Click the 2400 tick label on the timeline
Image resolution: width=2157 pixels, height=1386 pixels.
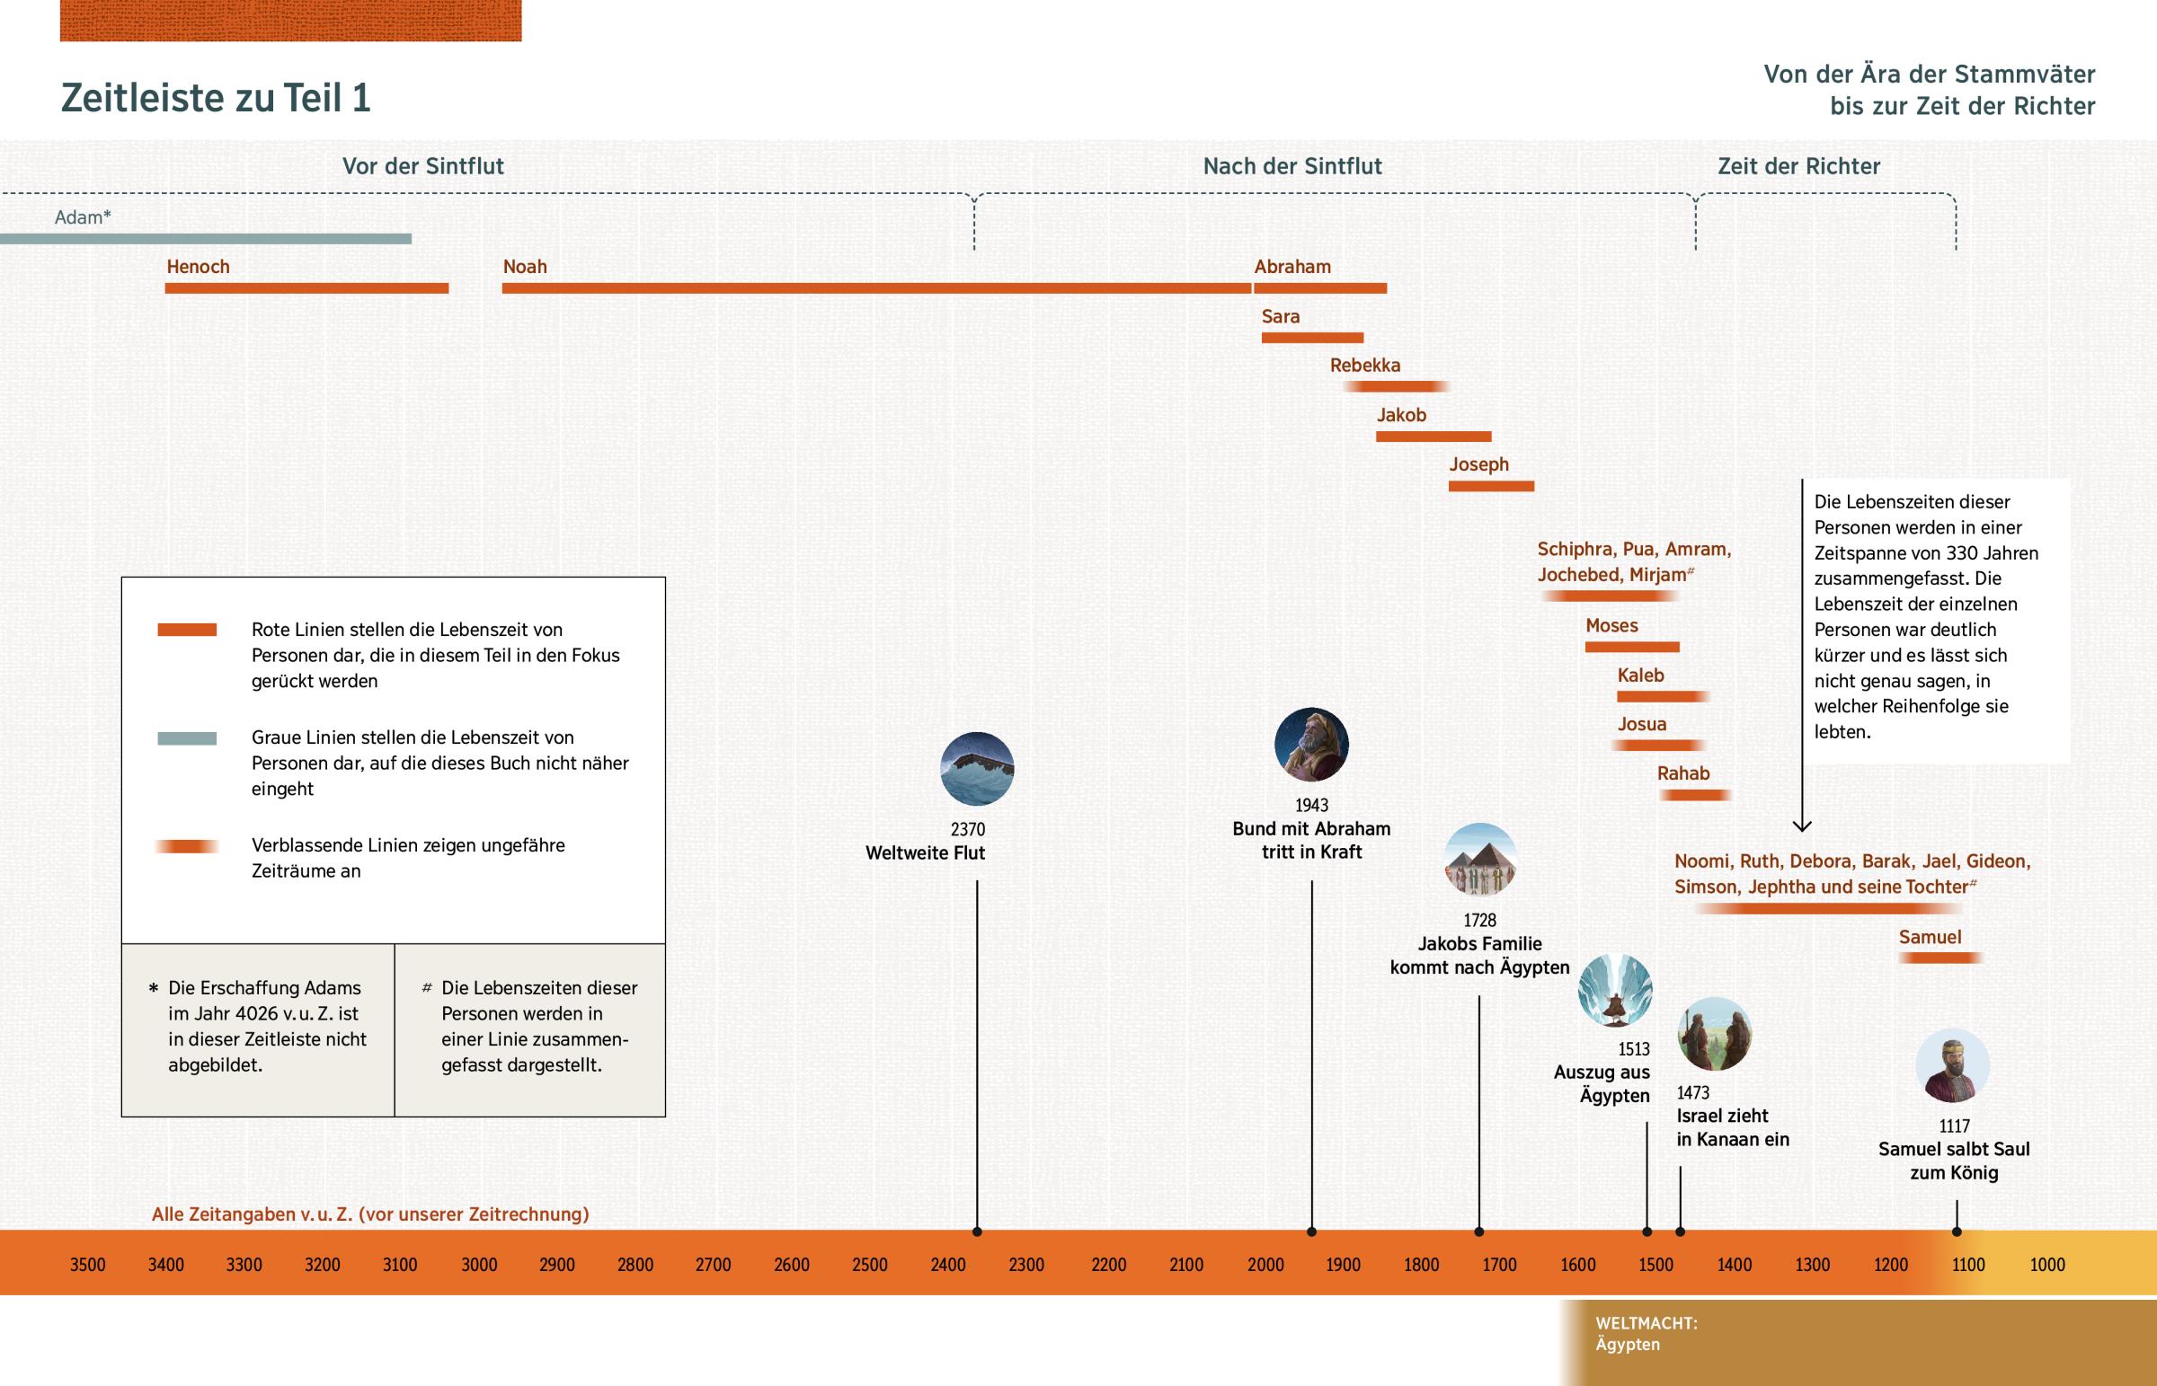tap(948, 1265)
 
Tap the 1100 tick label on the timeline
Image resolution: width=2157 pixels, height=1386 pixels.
tap(1968, 1265)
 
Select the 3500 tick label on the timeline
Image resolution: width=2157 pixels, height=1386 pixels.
tap(87, 1265)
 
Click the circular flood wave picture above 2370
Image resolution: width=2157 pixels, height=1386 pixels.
tap(977, 769)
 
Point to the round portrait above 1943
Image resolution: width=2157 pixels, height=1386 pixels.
tap(1310, 745)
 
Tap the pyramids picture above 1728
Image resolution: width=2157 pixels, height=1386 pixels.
tap(1480, 861)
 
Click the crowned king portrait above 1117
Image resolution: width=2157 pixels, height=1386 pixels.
tap(1952, 1066)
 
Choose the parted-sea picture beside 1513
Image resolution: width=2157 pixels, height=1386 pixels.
tap(1615, 991)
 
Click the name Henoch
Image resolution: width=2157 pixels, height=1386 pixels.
tap(198, 267)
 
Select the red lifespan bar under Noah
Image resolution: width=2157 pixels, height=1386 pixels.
tap(876, 288)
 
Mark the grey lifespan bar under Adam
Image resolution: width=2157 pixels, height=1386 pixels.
tap(205, 239)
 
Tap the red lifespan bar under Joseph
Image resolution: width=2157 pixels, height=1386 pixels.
tap(1491, 486)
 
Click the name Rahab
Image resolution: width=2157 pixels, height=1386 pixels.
tap(1682, 773)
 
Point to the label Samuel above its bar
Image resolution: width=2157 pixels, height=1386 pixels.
tap(1930, 937)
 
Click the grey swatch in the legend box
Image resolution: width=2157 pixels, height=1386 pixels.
tap(187, 738)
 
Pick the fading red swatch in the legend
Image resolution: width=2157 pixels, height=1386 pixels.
tap(187, 846)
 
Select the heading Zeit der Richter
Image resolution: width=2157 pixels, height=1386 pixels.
tap(1797, 166)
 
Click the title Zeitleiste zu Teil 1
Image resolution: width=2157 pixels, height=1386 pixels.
tap(215, 98)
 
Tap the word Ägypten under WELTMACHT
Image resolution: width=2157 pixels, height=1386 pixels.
tap(1628, 1345)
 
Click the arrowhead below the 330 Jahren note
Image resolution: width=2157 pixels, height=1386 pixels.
tap(1801, 825)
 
